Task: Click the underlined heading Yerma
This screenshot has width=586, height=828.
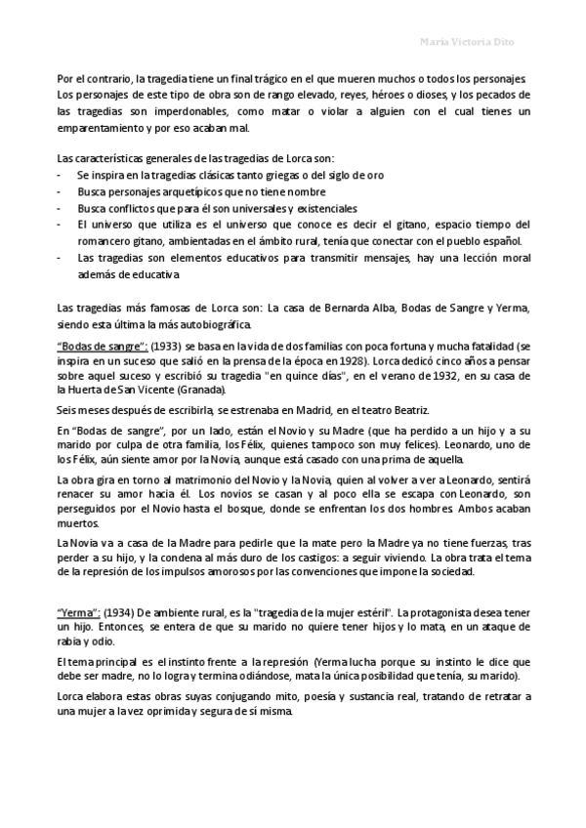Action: (x=79, y=611)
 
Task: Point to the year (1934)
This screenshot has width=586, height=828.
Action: (x=121, y=611)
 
